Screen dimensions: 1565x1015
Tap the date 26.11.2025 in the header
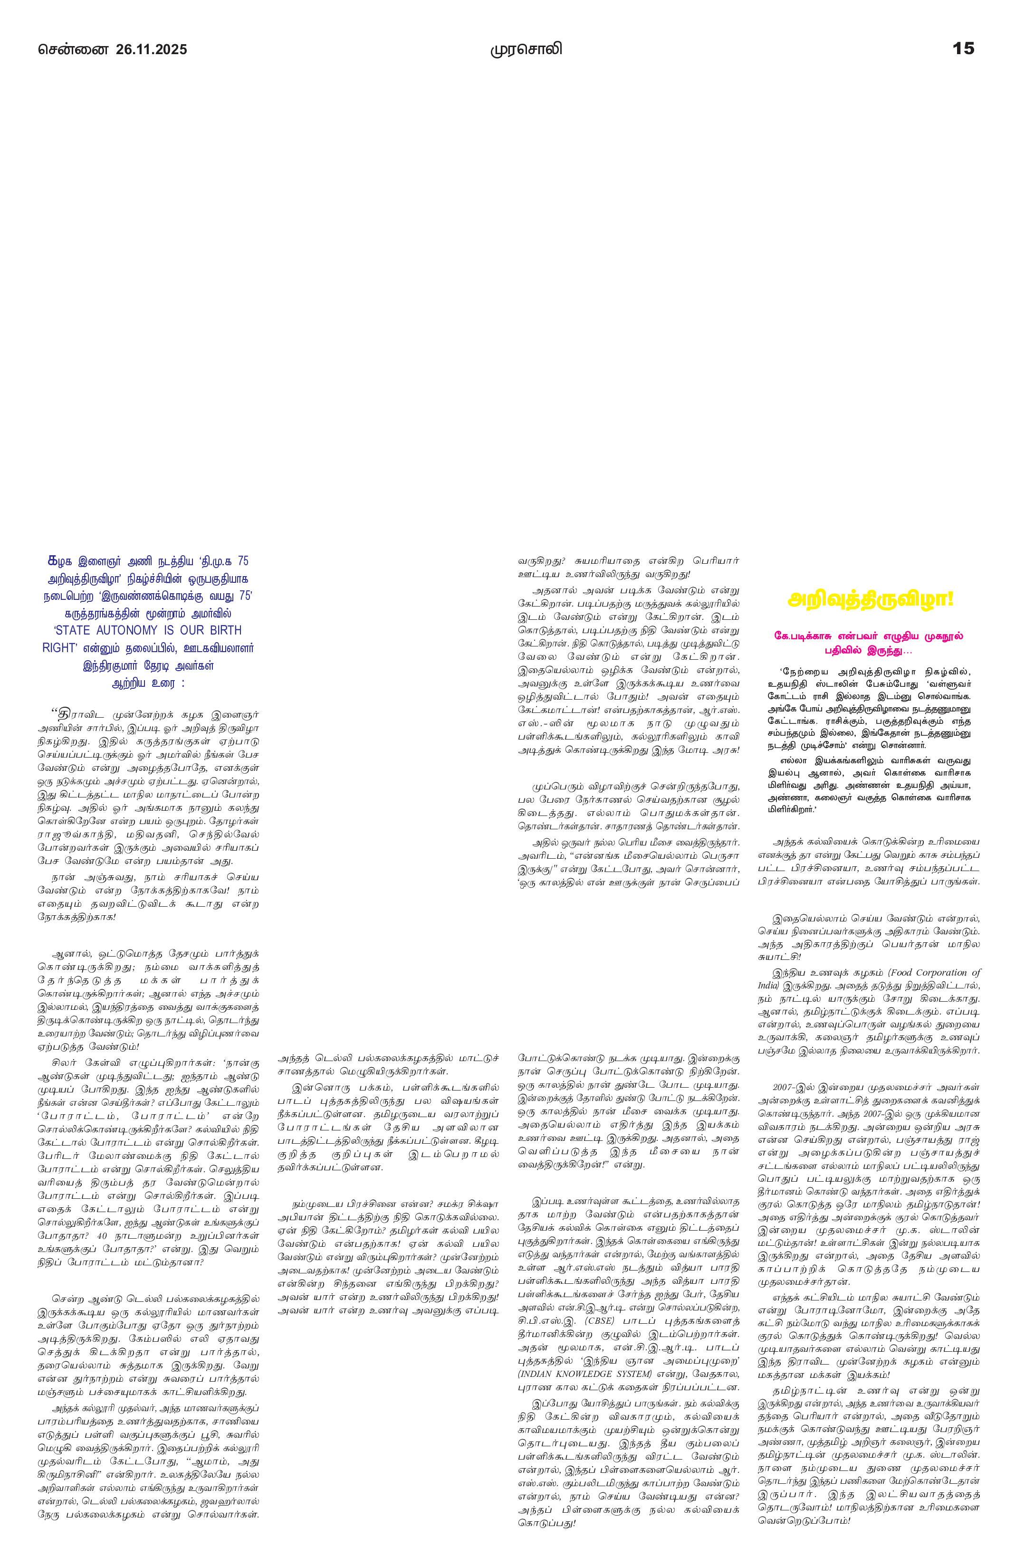click(x=151, y=49)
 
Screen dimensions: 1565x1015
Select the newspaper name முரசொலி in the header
click(x=526, y=49)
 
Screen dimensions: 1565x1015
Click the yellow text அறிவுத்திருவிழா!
click(x=870, y=600)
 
